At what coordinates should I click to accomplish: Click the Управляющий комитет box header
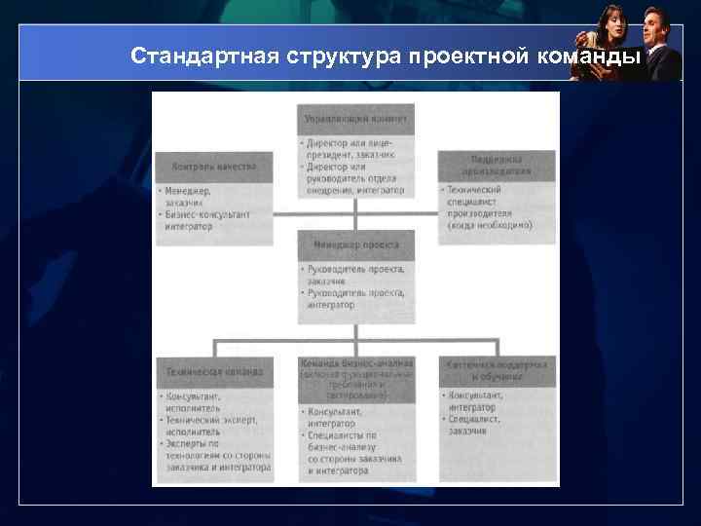click(355, 119)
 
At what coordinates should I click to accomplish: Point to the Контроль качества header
click(213, 167)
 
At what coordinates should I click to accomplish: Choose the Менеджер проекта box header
click(355, 244)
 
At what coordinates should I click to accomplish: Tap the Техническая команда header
click(213, 371)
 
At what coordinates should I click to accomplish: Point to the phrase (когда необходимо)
click(490, 225)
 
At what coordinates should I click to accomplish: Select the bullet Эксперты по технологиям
click(214, 455)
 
